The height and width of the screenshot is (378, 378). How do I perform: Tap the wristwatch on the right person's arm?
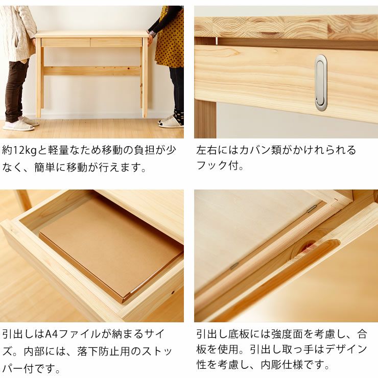[x=152, y=34]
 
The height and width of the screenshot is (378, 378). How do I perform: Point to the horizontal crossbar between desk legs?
[x=92, y=71]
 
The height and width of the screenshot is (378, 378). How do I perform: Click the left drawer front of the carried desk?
[x=65, y=42]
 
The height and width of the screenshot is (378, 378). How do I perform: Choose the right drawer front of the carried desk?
[x=116, y=42]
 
